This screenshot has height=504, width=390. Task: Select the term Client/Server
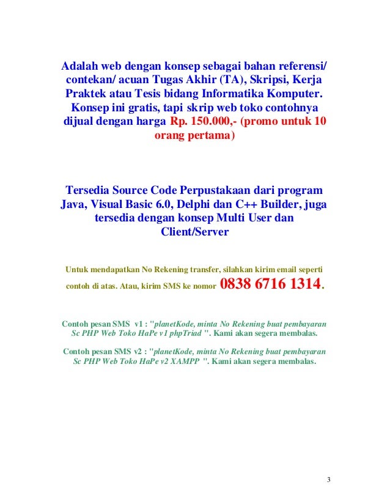[x=194, y=232]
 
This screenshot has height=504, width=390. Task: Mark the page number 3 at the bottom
[x=328, y=478]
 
